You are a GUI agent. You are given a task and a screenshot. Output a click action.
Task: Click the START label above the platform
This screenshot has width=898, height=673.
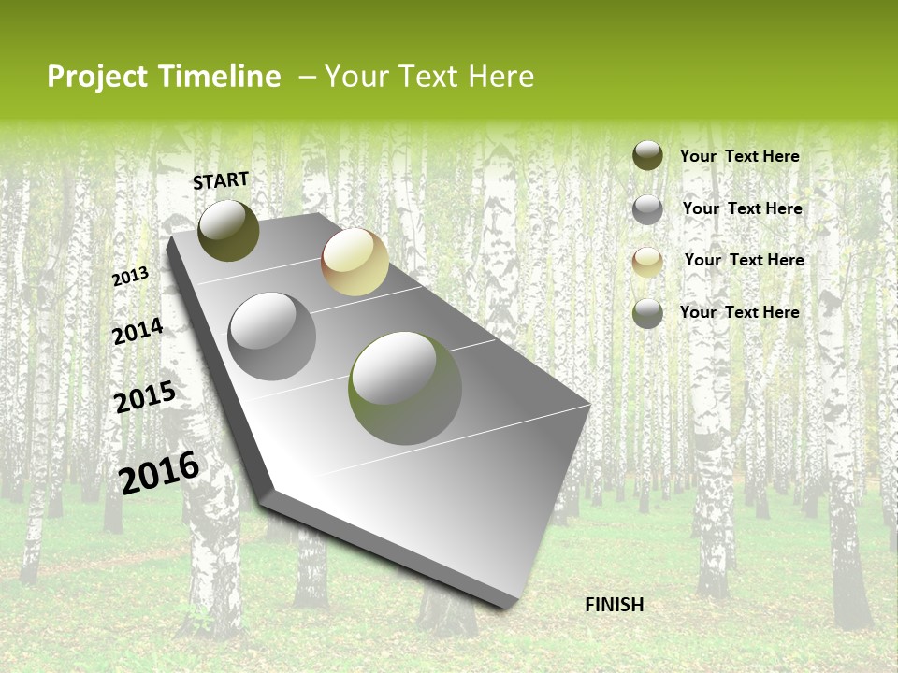tap(221, 179)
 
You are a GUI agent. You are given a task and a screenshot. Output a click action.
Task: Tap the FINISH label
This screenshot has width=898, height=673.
tap(614, 605)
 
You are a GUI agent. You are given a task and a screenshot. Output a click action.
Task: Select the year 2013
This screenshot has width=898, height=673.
tap(130, 276)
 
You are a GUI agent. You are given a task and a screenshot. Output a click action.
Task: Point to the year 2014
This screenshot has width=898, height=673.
tap(138, 332)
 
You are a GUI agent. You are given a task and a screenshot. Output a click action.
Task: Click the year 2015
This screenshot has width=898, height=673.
tap(144, 397)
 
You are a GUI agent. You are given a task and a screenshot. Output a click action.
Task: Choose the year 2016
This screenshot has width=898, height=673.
tap(159, 472)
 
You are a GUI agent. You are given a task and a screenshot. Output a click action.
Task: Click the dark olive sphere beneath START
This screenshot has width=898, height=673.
tap(228, 230)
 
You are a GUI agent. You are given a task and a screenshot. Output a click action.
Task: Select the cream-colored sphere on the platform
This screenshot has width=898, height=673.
tap(355, 262)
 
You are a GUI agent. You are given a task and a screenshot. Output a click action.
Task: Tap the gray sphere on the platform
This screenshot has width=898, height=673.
tap(272, 336)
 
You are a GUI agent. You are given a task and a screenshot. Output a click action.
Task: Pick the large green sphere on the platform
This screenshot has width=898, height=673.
tap(405, 388)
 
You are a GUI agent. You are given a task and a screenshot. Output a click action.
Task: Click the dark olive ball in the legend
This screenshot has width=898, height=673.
tap(647, 155)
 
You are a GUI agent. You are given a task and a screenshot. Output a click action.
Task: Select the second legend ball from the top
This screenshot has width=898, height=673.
tap(647, 209)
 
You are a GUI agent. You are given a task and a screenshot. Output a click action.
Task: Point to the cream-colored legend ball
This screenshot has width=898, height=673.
tap(647, 262)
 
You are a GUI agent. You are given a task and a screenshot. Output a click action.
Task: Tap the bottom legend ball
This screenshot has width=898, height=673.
tap(647, 313)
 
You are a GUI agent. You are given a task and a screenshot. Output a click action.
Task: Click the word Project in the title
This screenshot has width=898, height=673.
tap(97, 77)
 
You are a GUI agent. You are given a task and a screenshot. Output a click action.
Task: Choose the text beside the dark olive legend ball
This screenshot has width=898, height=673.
tap(739, 156)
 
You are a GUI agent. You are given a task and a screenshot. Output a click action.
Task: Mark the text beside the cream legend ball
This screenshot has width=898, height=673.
tap(744, 260)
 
